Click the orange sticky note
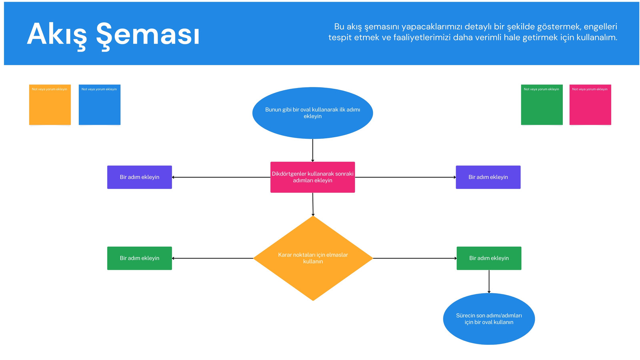[50, 104]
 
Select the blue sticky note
[100, 104]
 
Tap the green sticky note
[542, 104]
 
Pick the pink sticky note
[590, 104]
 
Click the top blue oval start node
[312, 113]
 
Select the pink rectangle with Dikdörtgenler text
[312, 177]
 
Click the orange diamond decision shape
[313, 258]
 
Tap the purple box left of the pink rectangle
[140, 177]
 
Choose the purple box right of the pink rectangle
[488, 177]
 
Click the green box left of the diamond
[140, 258]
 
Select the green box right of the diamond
[489, 258]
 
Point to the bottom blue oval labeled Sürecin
[489, 319]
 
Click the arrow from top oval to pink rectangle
[312, 150]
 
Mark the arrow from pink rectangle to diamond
[313, 204]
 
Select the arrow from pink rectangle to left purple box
[221, 177]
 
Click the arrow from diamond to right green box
[415, 258]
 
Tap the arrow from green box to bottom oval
[489, 282]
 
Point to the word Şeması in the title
[148, 35]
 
